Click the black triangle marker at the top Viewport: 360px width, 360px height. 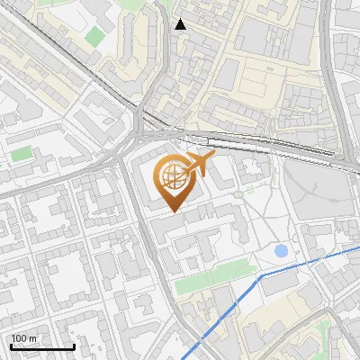click(x=180, y=24)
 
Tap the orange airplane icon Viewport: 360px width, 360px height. click(x=199, y=165)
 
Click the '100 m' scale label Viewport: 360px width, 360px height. click(x=24, y=338)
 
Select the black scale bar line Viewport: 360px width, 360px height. click(x=42, y=346)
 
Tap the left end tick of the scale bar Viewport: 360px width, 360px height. click(x=11, y=345)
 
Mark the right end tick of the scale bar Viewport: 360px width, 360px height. click(x=74, y=345)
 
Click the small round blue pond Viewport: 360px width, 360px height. click(x=282, y=250)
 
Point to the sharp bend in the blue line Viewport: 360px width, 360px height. click(x=260, y=277)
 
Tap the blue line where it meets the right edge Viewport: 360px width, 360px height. click(x=358, y=249)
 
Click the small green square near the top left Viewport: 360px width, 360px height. click(x=95, y=37)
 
